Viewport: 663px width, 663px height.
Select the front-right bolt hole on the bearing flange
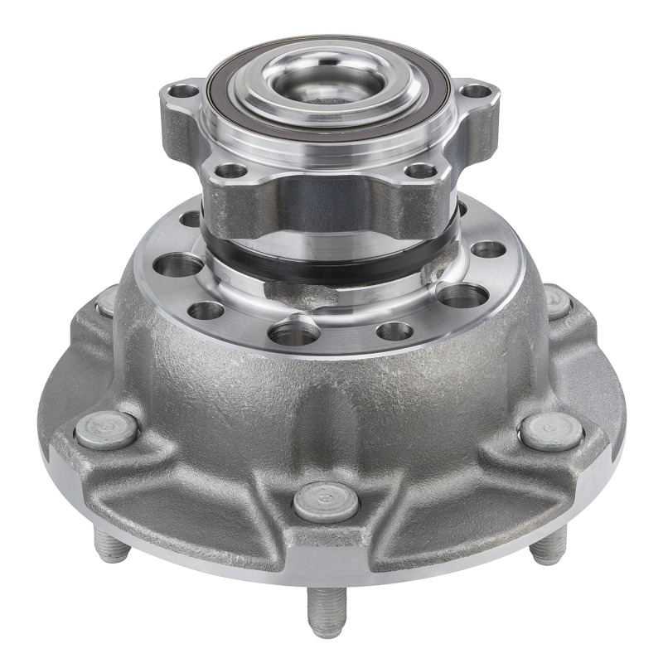pyautogui.click(x=421, y=172)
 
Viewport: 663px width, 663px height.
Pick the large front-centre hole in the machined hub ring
pyautogui.click(x=294, y=333)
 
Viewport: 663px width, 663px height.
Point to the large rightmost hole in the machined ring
pyautogui.click(x=462, y=295)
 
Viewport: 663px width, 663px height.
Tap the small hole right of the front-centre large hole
pyautogui.click(x=394, y=331)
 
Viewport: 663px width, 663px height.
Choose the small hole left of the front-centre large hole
pyautogui.click(x=206, y=311)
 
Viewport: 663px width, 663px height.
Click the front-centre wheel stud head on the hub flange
pyautogui.click(x=326, y=501)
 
